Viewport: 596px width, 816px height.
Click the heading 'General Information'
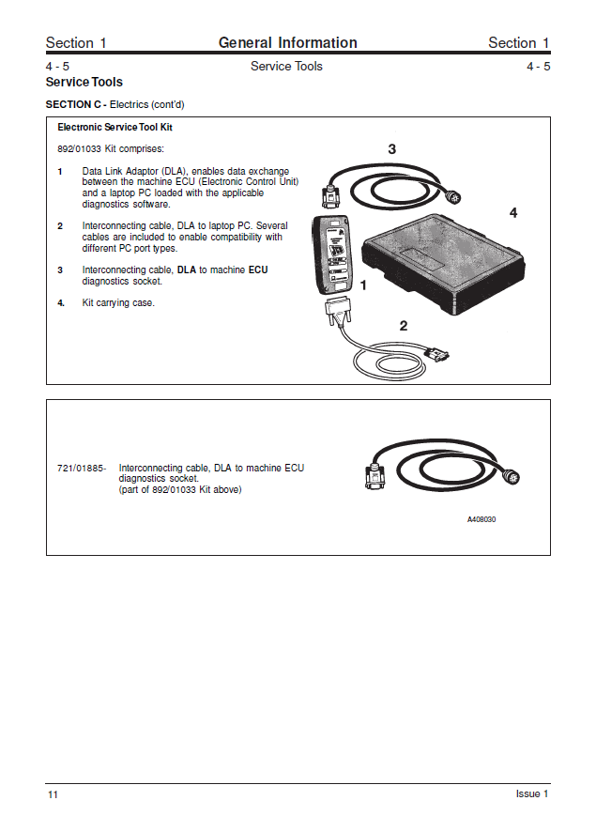pyautogui.click(x=287, y=42)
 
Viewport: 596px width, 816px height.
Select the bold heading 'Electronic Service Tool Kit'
pyautogui.click(x=115, y=127)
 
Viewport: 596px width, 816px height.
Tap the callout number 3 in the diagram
pyautogui.click(x=391, y=148)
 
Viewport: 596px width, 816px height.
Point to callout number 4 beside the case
pyautogui.click(x=512, y=213)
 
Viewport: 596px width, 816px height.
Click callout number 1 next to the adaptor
pyautogui.click(x=363, y=285)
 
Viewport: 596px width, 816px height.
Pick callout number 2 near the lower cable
pyautogui.click(x=403, y=326)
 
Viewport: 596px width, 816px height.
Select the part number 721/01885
pyautogui.click(x=81, y=468)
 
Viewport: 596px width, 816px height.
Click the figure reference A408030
pyautogui.click(x=481, y=519)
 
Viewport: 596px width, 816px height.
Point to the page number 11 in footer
pyautogui.click(x=53, y=795)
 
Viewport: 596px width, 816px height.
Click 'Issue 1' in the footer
pyautogui.click(x=531, y=794)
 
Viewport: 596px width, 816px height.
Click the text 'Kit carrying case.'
pyautogui.click(x=118, y=303)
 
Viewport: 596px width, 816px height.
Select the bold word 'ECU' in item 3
pyautogui.click(x=258, y=270)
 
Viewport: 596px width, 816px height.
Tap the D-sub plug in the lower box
pyautogui.click(x=374, y=476)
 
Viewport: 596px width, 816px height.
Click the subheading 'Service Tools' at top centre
pyautogui.click(x=286, y=67)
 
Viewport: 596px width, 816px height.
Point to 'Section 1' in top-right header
pyautogui.click(x=519, y=43)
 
